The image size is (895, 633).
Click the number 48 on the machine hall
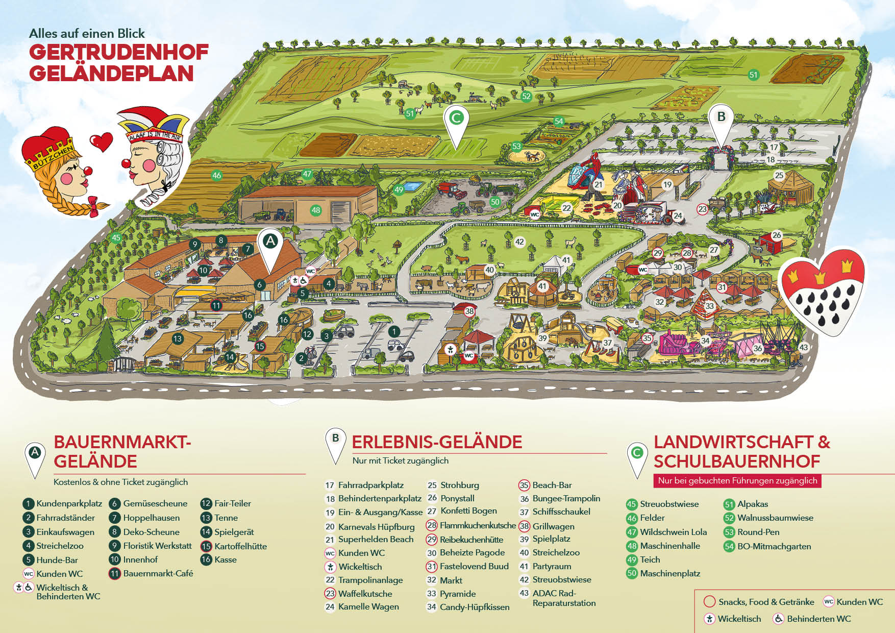coord(316,210)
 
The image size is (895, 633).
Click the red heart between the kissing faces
coord(101,141)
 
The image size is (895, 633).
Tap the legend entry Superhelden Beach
coord(376,540)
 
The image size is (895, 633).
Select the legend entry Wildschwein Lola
coord(673,532)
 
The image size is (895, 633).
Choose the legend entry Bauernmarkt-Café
coord(158,573)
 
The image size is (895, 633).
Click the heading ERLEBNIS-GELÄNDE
coord(437,442)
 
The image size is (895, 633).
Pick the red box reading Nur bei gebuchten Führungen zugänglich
coord(737,480)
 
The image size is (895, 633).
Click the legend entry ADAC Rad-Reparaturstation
coord(563,598)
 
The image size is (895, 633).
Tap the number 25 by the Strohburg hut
coord(779,176)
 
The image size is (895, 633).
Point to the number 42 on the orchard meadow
coord(519,242)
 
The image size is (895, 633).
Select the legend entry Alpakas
coord(752,504)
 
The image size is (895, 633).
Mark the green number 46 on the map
coord(217,176)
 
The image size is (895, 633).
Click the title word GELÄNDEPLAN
coord(111,74)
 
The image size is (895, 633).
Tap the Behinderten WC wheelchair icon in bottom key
coord(778,619)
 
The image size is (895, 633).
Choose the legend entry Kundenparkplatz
coord(69,504)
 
